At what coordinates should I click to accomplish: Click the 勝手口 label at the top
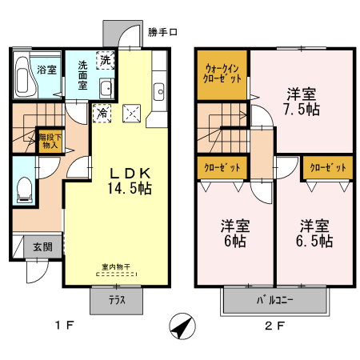(x=163, y=33)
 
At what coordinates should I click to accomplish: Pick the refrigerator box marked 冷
(x=102, y=113)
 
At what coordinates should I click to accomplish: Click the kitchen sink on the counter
(x=158, y=89)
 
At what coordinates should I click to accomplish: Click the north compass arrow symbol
(x=183, y=326)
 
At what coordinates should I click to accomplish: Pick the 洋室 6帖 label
(x=234, y=234)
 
